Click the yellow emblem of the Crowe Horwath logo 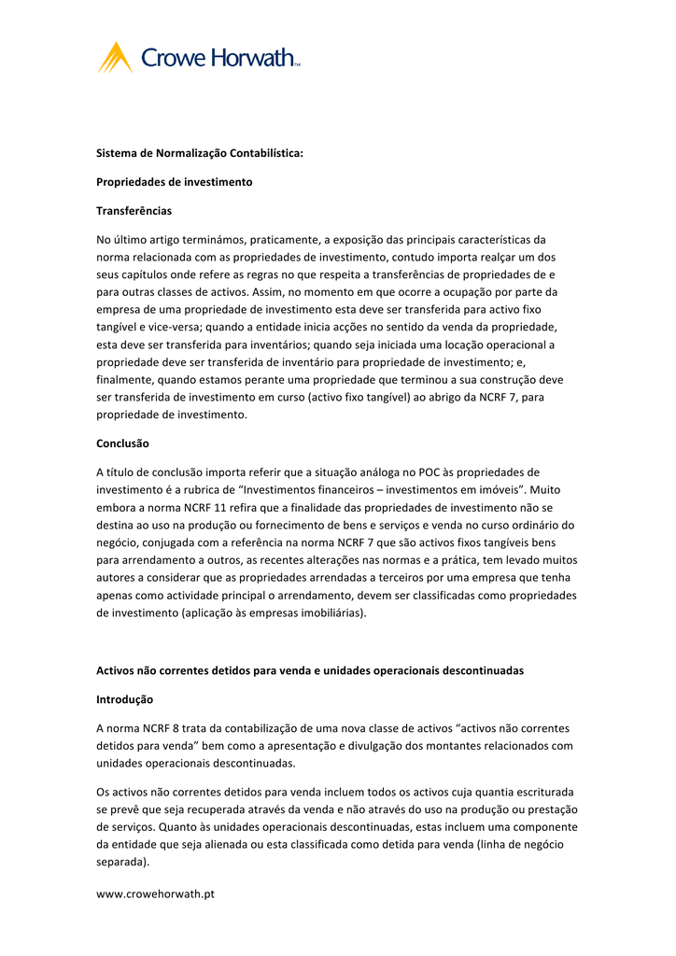(116, 58)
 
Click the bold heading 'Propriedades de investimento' (175, 182)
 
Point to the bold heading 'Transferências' (134, 211)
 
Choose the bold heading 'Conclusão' (123, 443)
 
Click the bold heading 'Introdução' (125, 699)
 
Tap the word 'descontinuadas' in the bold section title (479, 670)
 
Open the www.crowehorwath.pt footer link (156, 893)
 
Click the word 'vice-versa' (173, 327)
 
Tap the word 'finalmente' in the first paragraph (124, 380)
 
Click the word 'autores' (118, 578)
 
